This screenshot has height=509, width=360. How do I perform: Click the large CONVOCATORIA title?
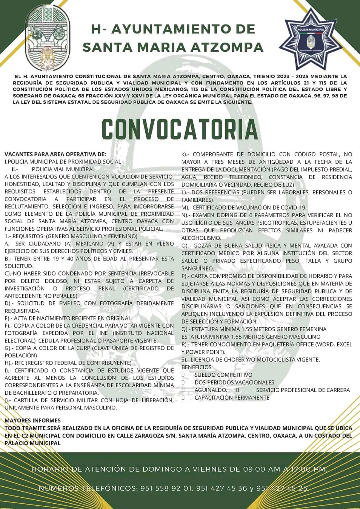(180, 129)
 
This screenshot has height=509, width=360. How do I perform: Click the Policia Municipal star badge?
(311, 38)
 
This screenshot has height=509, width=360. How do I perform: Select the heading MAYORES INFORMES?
(33, 420)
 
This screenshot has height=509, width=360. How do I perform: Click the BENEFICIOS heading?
(196, 367)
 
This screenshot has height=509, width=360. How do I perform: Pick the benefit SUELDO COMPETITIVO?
(223, 375)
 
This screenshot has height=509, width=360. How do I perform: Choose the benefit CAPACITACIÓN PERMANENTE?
(232, 397)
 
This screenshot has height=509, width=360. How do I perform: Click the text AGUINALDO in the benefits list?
(211, 390)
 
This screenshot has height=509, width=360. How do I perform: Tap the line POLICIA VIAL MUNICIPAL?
(63, 169)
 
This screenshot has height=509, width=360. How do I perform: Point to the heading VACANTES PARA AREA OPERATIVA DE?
(55, 154)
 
